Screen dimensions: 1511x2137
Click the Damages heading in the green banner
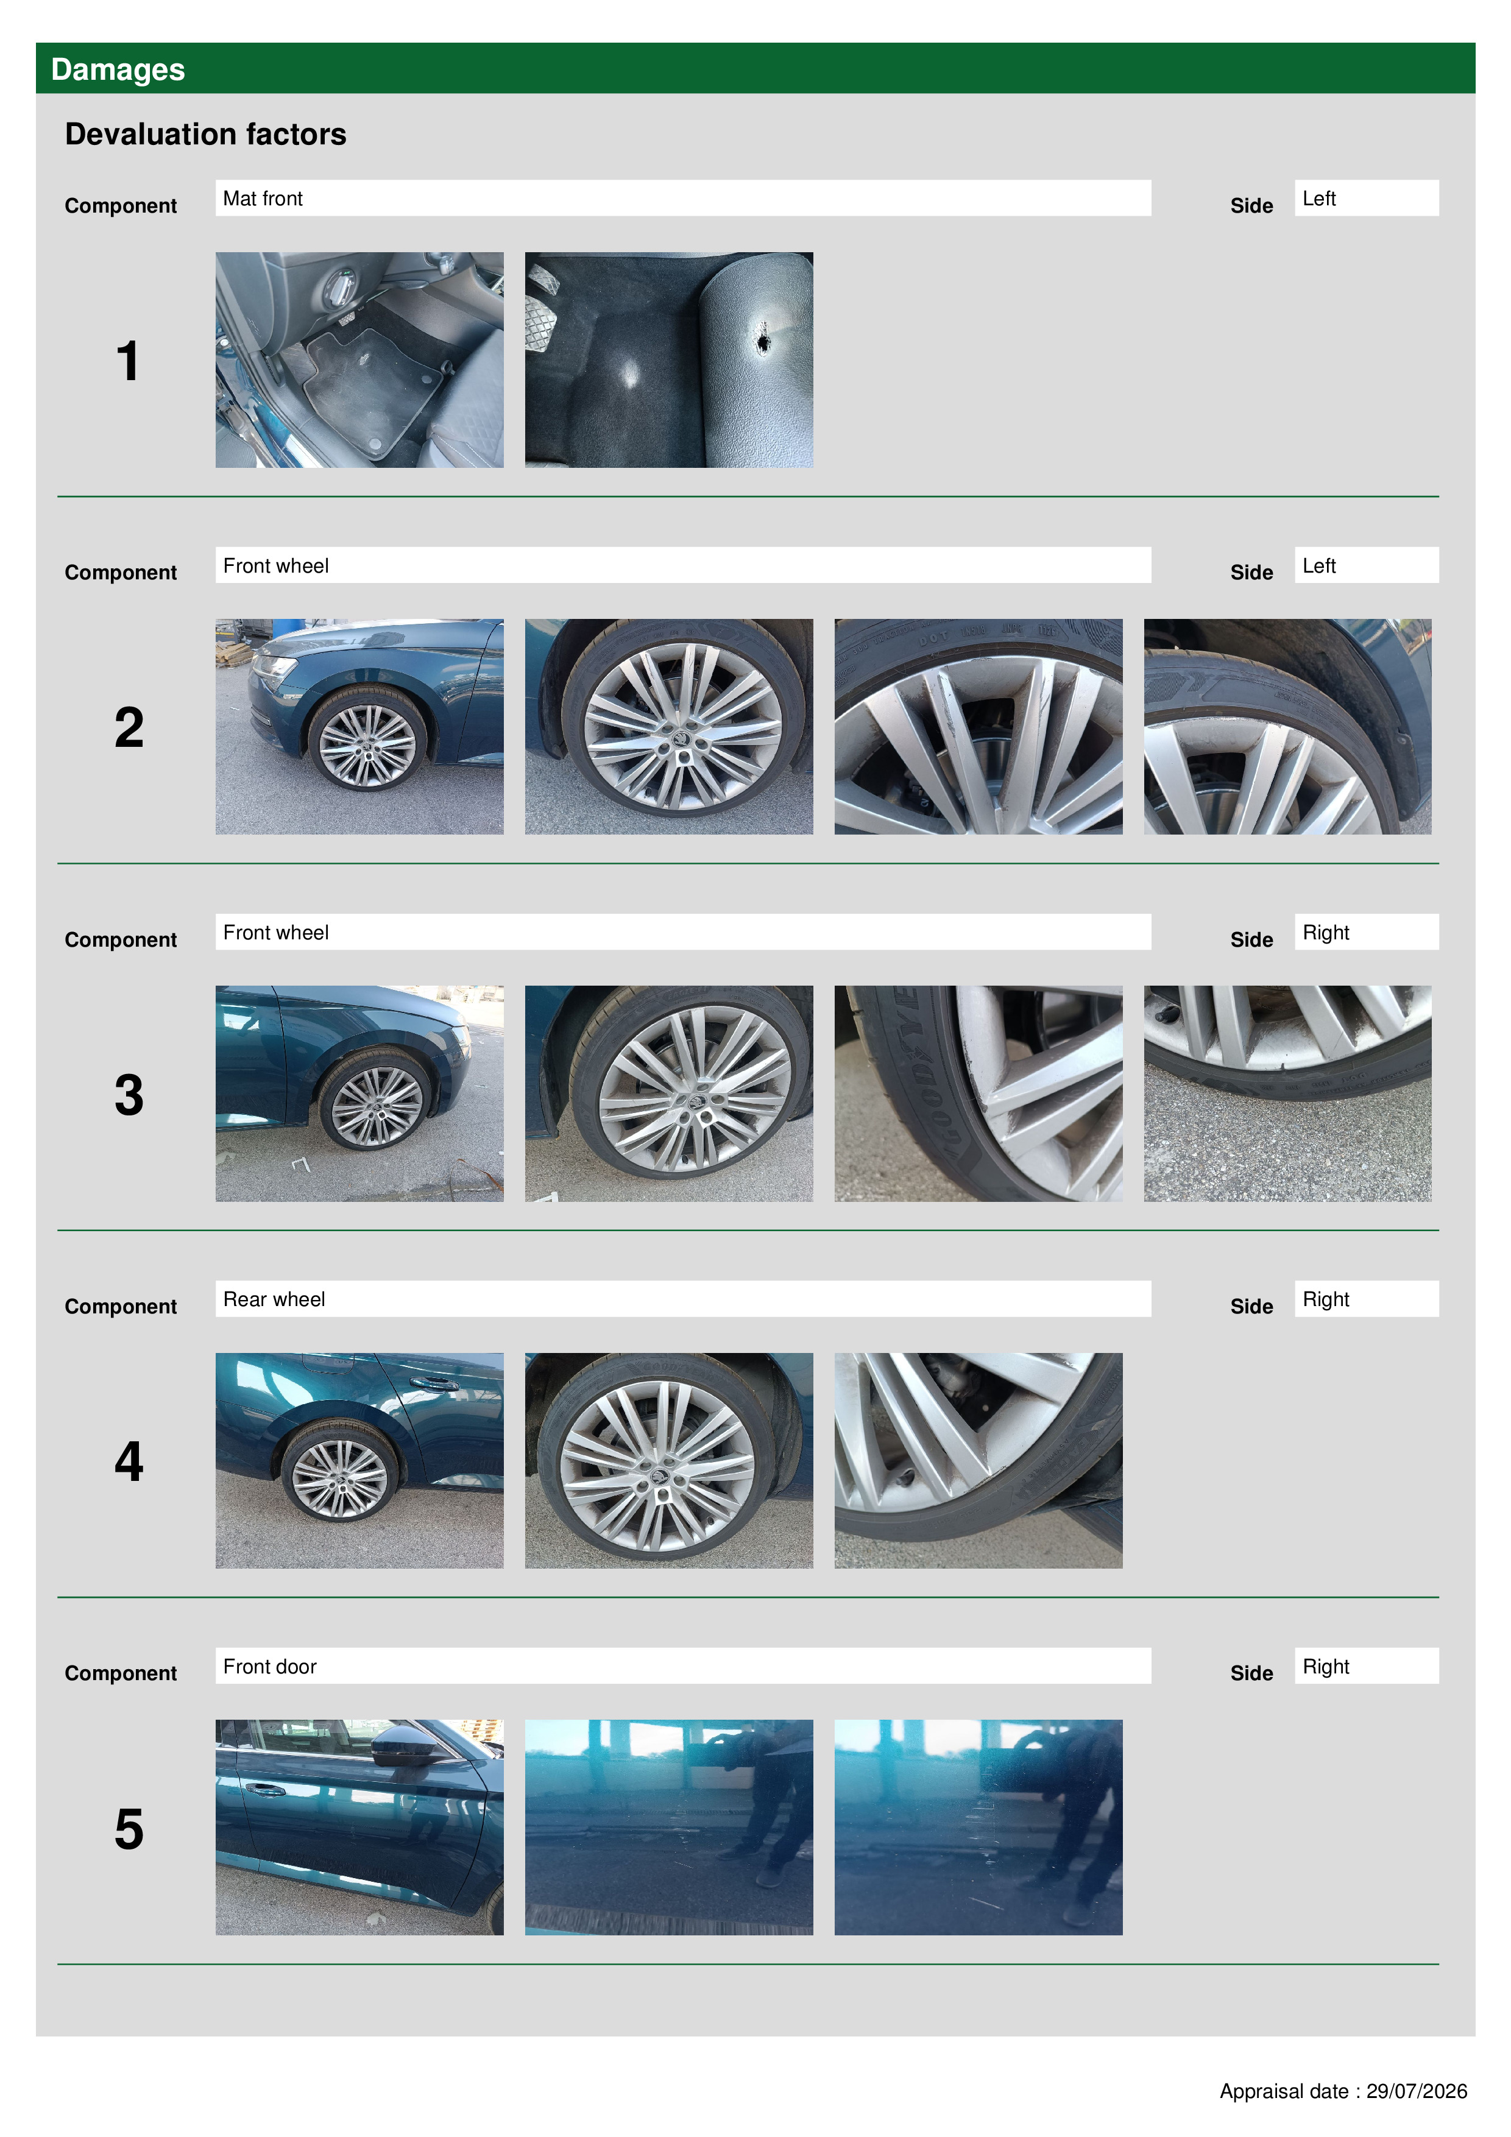point(118,70)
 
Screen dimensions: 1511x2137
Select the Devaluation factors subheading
point(206,134)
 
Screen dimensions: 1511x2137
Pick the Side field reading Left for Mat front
point(1366,198)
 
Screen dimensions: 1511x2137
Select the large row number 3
point(129,1095)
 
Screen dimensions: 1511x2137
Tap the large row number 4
point(129,1461)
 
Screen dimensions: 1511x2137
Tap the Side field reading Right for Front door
point(1366,1666)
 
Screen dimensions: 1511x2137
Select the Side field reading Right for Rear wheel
point(1366,1299)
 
